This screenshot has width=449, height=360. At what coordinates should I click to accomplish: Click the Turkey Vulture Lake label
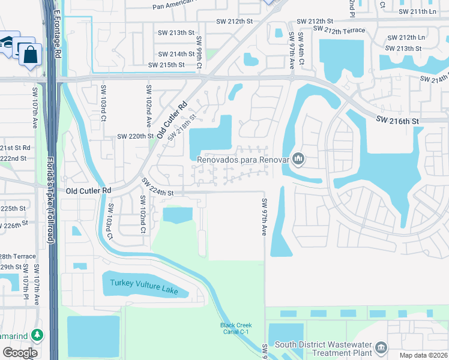[x=143, y=285]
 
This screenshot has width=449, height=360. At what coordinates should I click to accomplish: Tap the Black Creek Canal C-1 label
[x=235, y=329]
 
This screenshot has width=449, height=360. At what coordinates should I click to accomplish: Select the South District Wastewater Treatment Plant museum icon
[x=381, y=348]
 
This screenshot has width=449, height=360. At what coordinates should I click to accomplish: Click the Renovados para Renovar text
[x=243, y=160]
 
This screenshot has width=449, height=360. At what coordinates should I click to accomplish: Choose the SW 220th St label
[x=136, y=137]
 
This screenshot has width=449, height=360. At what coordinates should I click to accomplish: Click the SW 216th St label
[x=397, y=121]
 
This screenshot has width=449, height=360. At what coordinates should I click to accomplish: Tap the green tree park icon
[x=38, y=334]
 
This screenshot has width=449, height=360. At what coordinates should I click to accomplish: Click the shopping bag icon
[x=29, y=56]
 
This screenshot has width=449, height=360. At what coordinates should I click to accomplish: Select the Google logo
[x=20, y=353]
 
